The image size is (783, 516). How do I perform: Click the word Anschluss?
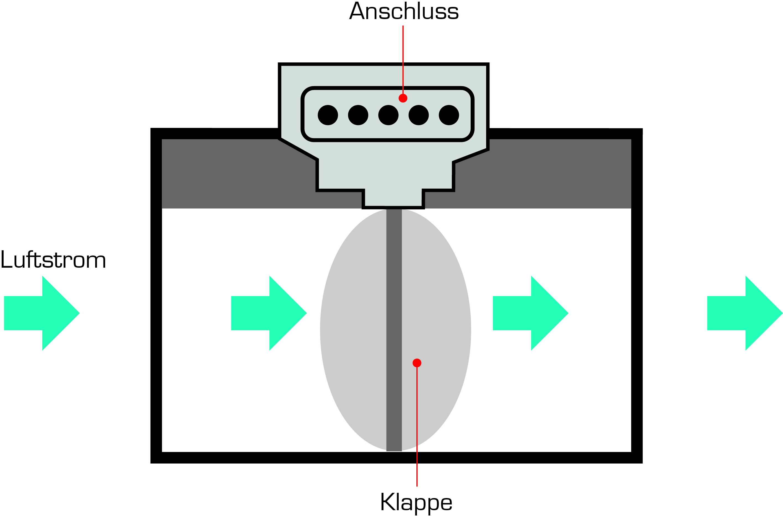click(404, 11)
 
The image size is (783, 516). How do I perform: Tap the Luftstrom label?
click(53, 259)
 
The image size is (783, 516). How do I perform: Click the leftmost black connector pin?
click(328, 115)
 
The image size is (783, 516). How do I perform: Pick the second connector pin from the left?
click(358, 115)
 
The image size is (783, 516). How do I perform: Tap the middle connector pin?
click(388, 115)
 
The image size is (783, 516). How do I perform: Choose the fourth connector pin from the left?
click(419, 115)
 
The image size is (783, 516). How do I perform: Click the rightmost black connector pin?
click(449, 115)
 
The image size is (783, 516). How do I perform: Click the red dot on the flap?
click(417, 363)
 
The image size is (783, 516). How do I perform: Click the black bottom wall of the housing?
click(396, 458)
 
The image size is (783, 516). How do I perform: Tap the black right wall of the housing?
click(637, 296)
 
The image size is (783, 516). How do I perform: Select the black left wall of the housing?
click(156, 296)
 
